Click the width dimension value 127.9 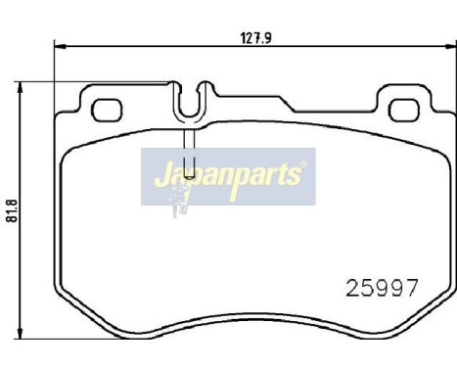tap(255, 38)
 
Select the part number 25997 tap(384, 288)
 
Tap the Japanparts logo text tap(229, 177)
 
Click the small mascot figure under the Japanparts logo tap(180, 204)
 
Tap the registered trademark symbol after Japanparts tap(302, 167)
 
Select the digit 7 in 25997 tap(412, 288)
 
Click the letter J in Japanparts tap(159, 177)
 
